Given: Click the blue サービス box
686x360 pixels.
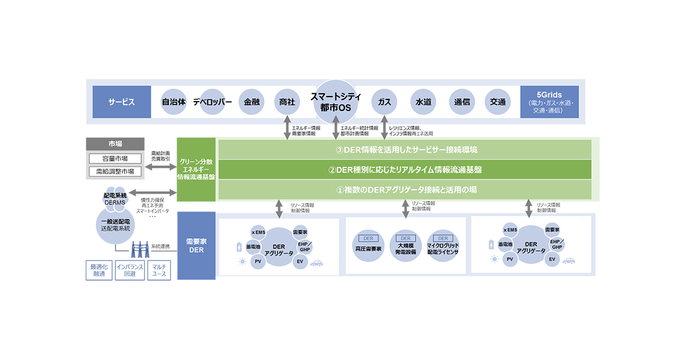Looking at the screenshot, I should tap(122, 102).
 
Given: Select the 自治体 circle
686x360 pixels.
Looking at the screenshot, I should tap(174, 102).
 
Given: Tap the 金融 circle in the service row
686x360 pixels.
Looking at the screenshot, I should tap(252, 102).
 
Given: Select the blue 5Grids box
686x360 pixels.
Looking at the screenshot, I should tap(549, 102).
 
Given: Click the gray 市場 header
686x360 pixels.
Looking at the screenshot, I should tap(115, 143).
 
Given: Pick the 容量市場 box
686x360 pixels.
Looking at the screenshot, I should tap(115, 158).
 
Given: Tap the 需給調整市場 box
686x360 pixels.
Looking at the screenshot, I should tap(115, 171).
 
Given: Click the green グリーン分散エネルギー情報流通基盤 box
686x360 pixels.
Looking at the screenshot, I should tap(196, 169).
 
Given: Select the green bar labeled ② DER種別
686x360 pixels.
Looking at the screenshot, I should tap(405, 170).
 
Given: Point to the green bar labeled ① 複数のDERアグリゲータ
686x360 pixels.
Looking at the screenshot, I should tap(405, 189).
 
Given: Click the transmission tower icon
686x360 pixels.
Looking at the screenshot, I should tap(141, 249).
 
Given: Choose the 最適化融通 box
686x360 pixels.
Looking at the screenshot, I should tap(99, 270).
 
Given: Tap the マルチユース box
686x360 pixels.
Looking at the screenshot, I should tap(159, 270).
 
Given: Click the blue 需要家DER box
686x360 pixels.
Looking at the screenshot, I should tap(196, 246).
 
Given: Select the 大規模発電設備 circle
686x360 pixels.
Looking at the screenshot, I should tap(405, 246).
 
